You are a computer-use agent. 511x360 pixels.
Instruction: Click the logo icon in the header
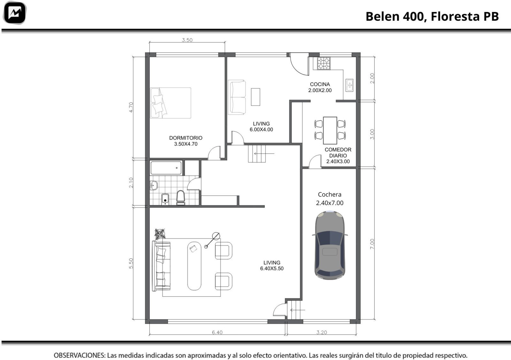pos(15,13)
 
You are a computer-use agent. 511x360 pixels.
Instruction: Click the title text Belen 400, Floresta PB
pos(432,16)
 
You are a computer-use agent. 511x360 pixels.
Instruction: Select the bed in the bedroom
pos(171,103)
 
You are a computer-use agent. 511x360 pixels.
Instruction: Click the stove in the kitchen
pos(324,64)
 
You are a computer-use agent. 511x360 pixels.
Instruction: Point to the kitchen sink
pos(349,85)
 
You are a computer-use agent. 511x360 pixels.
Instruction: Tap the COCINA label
pos(320,84)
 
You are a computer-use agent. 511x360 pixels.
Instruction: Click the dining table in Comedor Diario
pos(330,131)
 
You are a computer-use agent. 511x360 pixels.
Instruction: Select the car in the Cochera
pos(330,245)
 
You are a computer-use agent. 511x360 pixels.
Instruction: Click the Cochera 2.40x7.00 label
pos(330,198)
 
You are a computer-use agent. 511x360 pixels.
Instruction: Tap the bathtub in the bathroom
pos(166,168)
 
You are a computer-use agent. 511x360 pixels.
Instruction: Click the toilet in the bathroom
pos(181,197)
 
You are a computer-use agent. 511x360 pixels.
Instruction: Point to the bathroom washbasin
pos(154,185)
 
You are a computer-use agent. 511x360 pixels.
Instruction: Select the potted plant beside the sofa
pos(160,234)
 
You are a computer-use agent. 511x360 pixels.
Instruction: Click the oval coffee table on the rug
pos(194,266)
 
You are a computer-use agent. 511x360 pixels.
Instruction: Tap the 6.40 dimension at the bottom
pos(217,332)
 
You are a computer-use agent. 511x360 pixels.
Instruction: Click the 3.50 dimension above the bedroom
pos(187,40)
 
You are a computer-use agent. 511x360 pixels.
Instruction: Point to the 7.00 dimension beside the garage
pos(372,244)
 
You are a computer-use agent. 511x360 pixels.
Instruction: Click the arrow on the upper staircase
pos(264,154)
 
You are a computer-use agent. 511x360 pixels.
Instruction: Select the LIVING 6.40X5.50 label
pos(272,265)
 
